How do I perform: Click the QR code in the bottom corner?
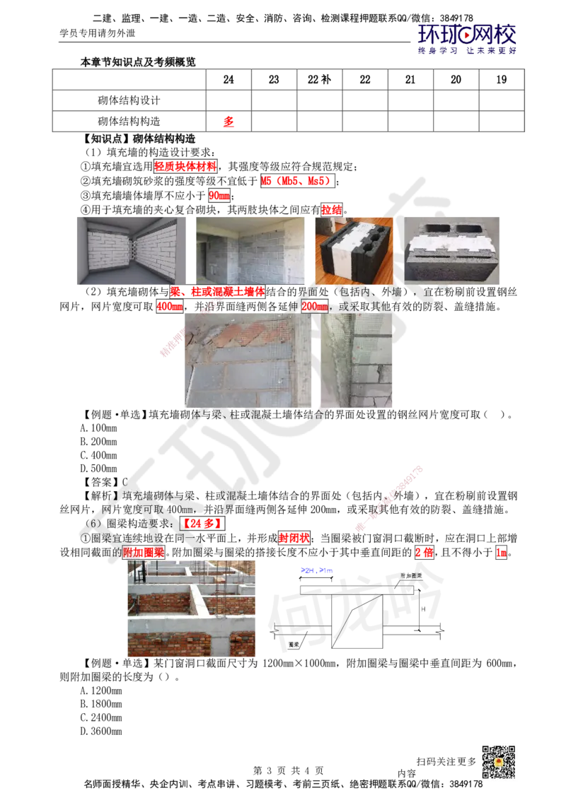click(x=497, y=762)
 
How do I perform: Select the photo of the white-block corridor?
click(x=130, y=250)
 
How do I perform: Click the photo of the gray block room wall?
click(x=249, y=250)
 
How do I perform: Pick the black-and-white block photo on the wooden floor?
click(x=353, y=250)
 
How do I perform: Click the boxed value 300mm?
click(x=315, y=307)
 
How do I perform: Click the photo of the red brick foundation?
click(x=192, y=609)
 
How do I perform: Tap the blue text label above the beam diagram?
click(x=316, y=569)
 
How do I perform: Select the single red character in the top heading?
click(x=228, y=122)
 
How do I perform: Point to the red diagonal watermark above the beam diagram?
click(x=389, y=498)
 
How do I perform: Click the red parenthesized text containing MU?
click(x=296, y=181)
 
